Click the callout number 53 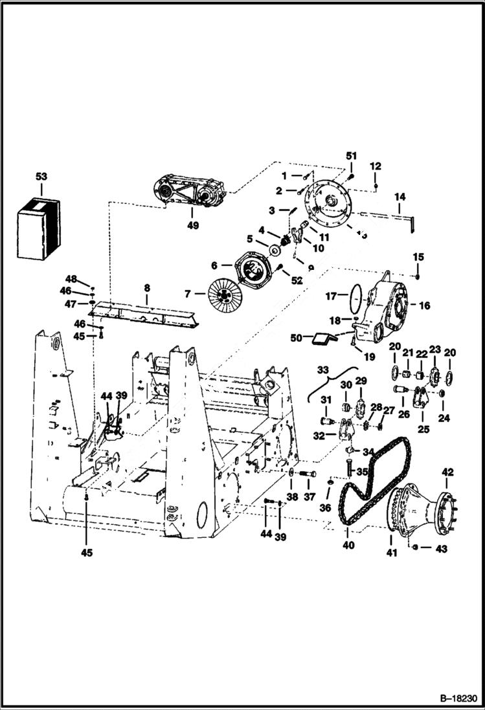(x=41, y=177)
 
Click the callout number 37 (x=309, y=496)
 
